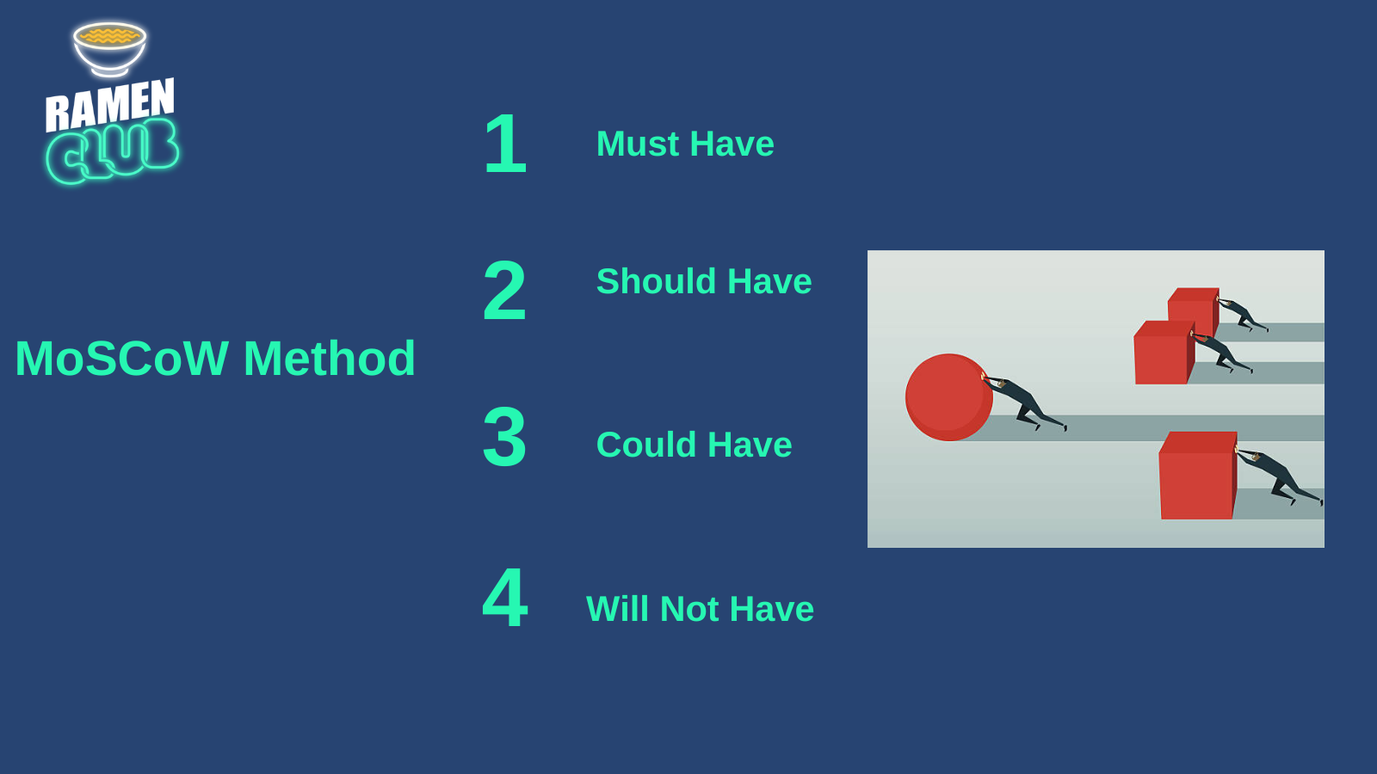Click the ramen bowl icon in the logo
pos(109,49)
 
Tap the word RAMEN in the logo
pos(110,105)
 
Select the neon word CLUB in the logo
pos(113,151)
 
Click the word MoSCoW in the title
pos(121,358)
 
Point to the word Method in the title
pos(330,358)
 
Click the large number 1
pos(505,143)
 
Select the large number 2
pos(504,290)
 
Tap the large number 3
pos(504,437)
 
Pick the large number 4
pos(504,598)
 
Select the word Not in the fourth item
pos(689,610)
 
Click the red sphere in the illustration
pos(948,397)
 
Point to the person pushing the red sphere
pos(1024,402)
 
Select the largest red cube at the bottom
pos(1198,476)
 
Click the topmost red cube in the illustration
pos(1194,310)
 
